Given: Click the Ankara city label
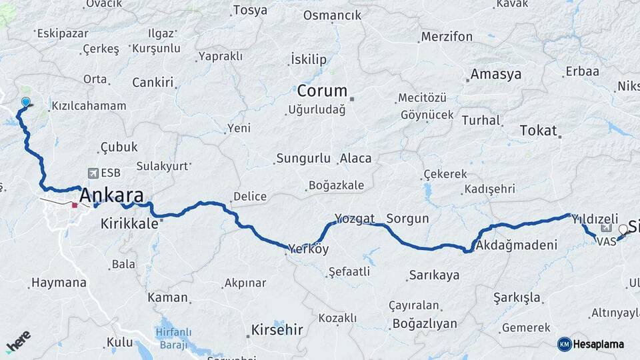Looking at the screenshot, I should (x=111, y=196).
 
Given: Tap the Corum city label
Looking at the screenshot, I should (x=322, y=91).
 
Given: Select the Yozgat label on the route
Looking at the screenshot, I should (x=355, y=219).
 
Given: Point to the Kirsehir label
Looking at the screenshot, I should (x=277, y=329).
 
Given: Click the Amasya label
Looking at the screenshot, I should (x=495, y=74).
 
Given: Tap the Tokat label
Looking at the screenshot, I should (x=537, y=131).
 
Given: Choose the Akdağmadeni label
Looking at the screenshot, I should (x=517, y=245).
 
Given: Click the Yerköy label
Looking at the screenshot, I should (x=309, y=249).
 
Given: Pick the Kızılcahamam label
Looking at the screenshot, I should (x=89, y=106).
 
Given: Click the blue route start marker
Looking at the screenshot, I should (x=25, y=102).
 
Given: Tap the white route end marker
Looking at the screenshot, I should (x=623, y=230).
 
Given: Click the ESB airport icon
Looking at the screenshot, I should (x=91, y=173).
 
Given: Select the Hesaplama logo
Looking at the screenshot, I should (x=591, y=344).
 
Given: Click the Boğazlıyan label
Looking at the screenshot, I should (x=425, y=324).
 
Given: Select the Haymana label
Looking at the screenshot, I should (x=59, y=283).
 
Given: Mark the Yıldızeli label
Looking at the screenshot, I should (x=595, y=219).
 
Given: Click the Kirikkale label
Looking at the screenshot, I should (x=129, y=223).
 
